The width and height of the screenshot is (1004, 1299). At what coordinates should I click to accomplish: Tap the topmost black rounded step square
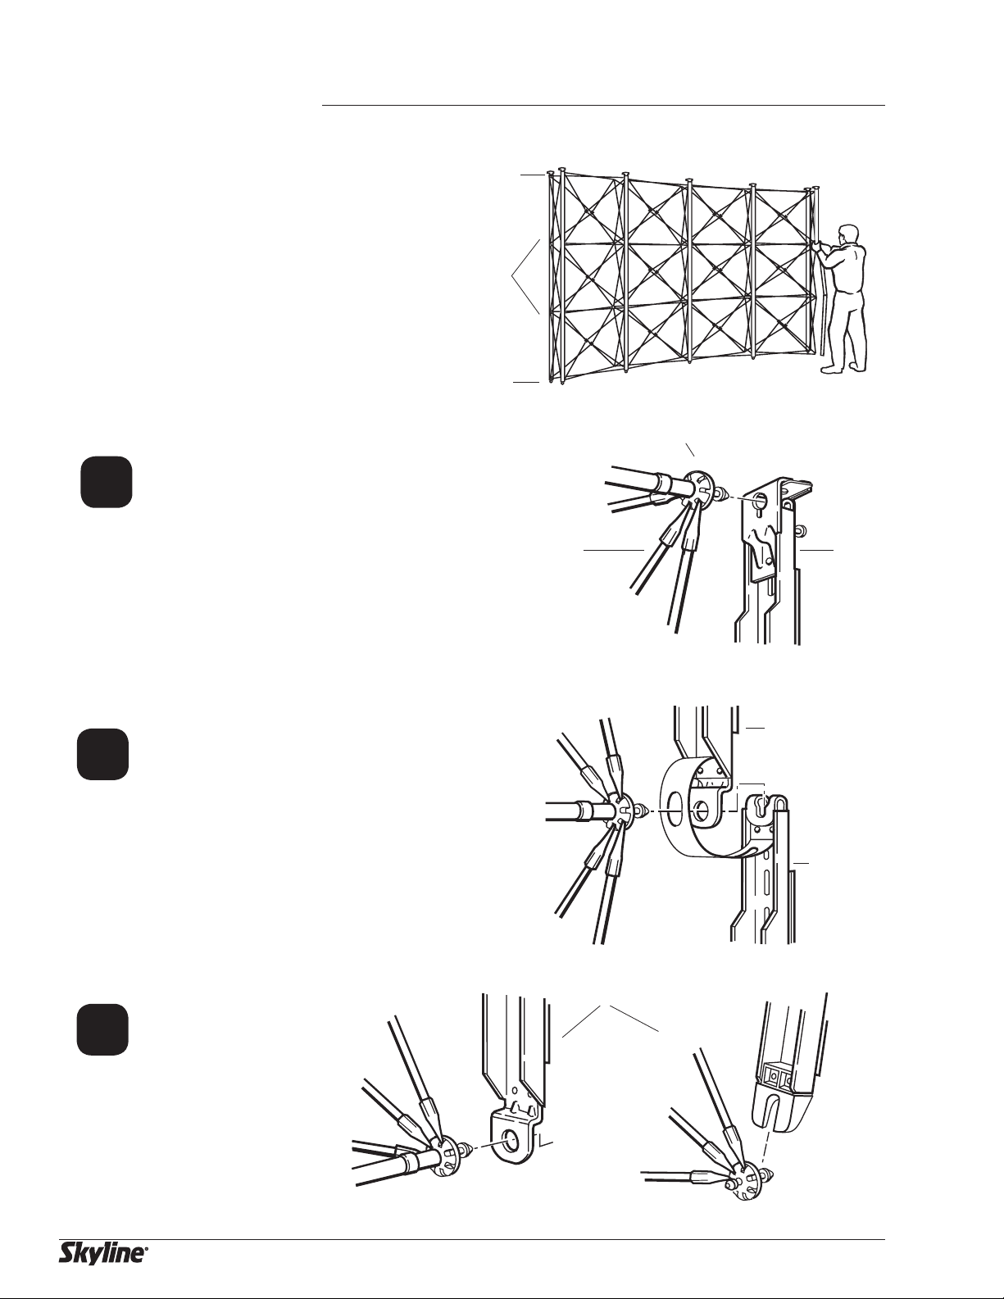coord(107,483)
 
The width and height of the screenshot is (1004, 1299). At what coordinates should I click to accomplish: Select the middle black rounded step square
coord(102,755)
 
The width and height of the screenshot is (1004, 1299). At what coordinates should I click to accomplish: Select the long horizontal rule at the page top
coord(603,106)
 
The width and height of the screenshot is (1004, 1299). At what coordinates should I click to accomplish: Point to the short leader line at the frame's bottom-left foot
coord(526,381)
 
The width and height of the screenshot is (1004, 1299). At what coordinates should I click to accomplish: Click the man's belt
coord(846,291)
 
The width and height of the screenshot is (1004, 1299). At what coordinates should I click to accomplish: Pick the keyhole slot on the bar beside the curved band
coord(762,802)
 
